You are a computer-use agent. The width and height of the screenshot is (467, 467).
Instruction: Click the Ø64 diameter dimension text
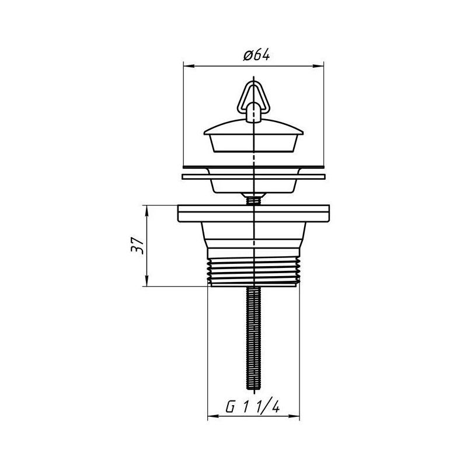pos(255,55)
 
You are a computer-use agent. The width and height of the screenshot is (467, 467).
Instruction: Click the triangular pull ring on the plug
pos(254,96)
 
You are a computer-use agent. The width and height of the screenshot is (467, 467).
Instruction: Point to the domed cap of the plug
pos(254,126)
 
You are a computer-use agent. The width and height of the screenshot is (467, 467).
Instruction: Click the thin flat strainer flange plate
pos(254,175)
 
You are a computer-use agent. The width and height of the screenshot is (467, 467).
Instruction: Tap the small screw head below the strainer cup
pos(254,200)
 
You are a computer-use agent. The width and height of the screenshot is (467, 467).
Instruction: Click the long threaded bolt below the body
pos(254,339)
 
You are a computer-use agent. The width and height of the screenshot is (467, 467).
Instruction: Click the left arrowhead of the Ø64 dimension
pos(187,64)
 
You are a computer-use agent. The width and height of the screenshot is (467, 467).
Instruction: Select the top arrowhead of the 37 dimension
pos(146,209)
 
